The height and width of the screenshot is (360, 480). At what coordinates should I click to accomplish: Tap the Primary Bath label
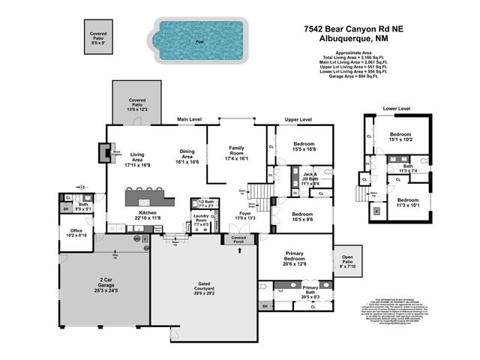[310, 290]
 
